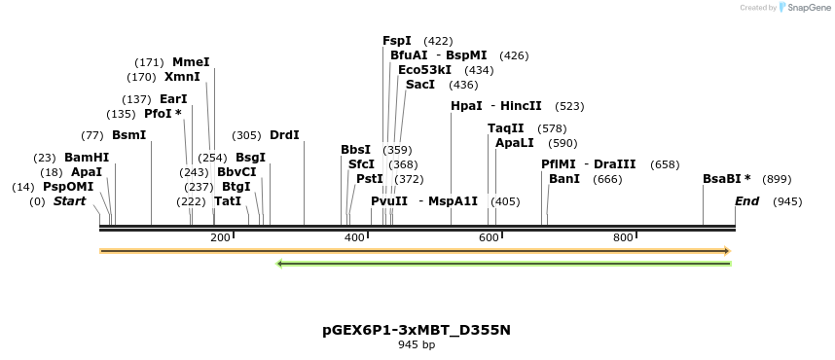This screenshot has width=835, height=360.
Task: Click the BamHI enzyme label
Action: pos(87,158)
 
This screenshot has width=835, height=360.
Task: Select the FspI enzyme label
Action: pos(397,41)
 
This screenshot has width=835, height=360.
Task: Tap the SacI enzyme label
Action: pos(420,85)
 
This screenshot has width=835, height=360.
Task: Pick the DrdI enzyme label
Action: pos(284,135)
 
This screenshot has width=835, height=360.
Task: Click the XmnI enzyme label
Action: pos(182,77)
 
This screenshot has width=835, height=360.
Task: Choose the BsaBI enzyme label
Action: pos(726,179)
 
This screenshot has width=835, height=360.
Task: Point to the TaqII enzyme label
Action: pos(506,128)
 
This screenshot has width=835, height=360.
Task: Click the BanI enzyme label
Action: pos(564,179)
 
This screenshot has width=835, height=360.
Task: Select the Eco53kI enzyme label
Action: pos(425,70)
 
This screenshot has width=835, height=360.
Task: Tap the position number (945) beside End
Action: pos(787,201)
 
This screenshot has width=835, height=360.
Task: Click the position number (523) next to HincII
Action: pos(569,106)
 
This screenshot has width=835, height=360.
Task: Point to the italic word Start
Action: pos(69,201)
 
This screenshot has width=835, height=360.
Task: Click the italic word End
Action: pos(747,201)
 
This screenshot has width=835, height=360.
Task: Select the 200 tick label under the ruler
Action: pos(220,237)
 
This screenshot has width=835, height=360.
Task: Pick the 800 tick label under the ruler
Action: pos(623,237)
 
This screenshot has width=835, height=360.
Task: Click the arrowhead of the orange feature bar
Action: pos(726,251)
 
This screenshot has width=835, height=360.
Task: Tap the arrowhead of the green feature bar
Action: pos(280,263)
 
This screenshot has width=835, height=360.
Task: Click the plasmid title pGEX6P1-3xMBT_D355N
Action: pos(417,330)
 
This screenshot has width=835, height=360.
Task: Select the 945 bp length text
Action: pos(417,344)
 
